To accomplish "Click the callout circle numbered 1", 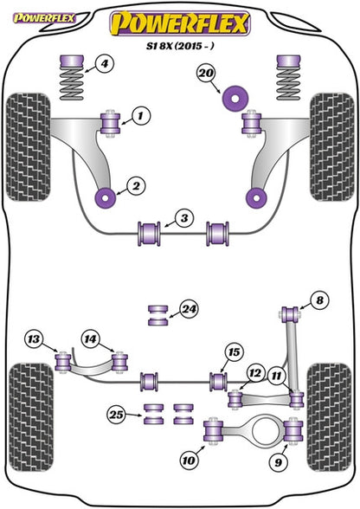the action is (140, 116).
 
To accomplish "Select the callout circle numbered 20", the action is (206, 74).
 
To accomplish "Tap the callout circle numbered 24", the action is (189, 309).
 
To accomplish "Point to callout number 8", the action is (319, 300).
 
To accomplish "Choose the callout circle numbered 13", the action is (34, 339).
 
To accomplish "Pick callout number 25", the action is (117, 415).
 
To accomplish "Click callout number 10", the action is (189, 460).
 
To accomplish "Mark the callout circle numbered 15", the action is (234, 352).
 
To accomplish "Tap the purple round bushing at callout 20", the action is (235, 98).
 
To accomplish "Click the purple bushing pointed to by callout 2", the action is (106, 197).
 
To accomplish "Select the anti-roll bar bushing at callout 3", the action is (150, 234).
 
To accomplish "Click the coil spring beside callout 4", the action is (72, 78).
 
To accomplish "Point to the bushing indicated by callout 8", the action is (289, 313).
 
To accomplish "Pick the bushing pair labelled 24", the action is (158, 315).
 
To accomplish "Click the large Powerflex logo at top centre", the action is (180, 23).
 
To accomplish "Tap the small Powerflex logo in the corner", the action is (44, 18).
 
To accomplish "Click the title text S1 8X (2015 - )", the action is (180, 46).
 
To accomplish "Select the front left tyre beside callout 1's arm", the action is (29, 147).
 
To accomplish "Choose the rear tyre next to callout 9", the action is (330, 418).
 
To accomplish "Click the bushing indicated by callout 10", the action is (213, 431).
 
